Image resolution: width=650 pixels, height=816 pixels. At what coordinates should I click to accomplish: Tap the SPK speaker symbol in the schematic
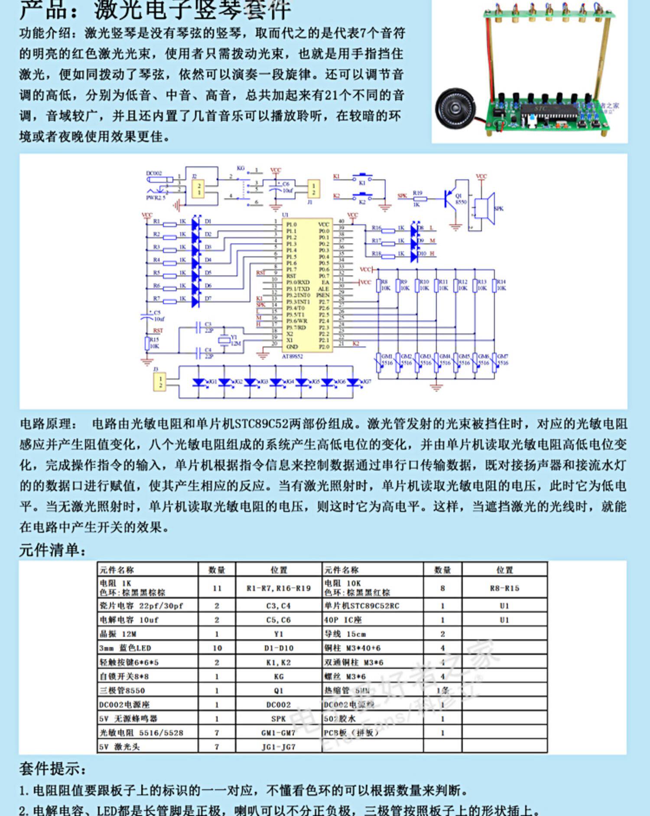(484, 208)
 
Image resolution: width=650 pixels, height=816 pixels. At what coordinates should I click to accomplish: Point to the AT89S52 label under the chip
(292, 356)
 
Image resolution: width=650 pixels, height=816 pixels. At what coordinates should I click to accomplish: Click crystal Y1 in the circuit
(224, 340)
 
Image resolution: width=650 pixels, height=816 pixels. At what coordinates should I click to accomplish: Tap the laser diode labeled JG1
(200, 382)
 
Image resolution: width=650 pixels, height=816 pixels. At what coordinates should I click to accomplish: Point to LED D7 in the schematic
(195, 299)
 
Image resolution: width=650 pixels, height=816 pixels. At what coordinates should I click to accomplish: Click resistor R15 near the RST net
(147, 344)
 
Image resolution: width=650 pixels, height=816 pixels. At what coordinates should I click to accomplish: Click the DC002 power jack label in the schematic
(154, 173)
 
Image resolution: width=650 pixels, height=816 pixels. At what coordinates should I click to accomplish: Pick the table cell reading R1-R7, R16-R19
(278, 588)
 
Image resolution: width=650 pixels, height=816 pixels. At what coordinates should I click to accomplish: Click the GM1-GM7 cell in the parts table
(278, 732)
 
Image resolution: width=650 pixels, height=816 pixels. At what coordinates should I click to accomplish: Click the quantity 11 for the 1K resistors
(217, 588)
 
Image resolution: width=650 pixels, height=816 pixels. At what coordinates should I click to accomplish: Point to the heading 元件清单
(52, 550)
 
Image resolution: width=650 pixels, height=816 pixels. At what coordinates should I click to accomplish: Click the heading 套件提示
(52, 769)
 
